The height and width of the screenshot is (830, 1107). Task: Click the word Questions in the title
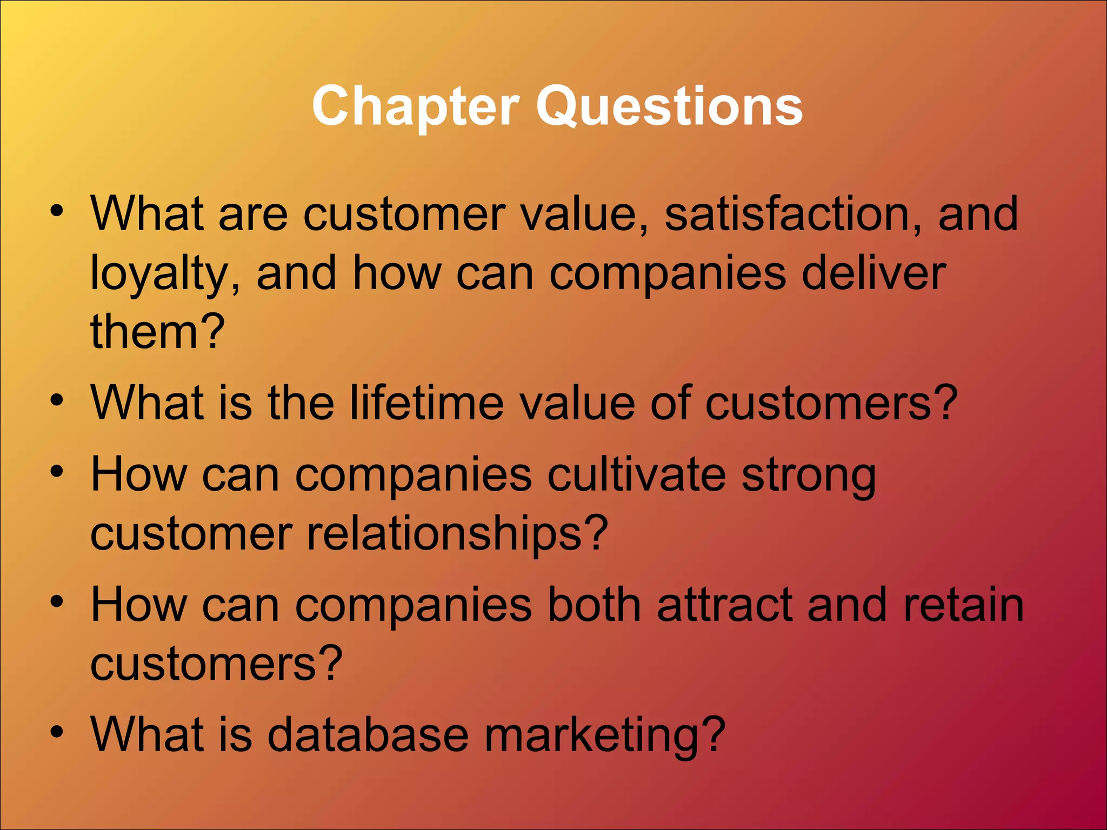pos(669,106)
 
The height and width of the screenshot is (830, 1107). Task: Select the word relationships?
pos(457,534)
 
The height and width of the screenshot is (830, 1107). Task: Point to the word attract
pos(724,605)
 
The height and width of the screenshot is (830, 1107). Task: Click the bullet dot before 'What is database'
pos(57,732)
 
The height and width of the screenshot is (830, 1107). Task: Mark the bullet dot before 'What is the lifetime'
pos(57,400)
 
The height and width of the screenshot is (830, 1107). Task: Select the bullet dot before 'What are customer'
pos(57,211)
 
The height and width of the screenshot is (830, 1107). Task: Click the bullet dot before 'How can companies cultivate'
pos(57,472)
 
